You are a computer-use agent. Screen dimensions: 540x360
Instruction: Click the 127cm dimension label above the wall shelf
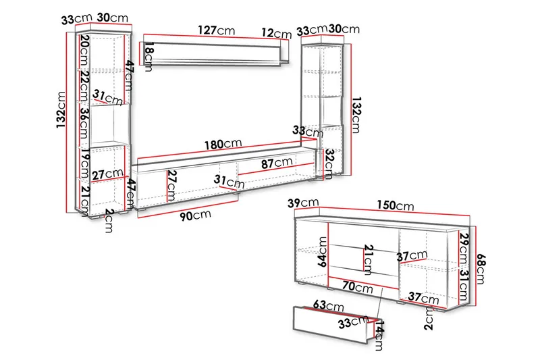click(216, 30)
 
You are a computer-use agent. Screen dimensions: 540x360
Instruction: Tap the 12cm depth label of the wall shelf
click(276, 33)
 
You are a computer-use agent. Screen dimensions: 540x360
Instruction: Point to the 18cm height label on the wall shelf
click(148, 57)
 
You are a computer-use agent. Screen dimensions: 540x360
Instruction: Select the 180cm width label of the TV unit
click(223, 144)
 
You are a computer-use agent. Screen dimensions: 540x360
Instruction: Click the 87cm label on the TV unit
click(277, 163)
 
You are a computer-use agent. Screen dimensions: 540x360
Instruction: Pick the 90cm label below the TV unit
click(195, 216)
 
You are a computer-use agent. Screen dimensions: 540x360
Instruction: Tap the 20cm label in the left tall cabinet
click(84, 53)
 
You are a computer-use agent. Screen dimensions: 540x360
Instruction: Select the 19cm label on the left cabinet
click(84, 165)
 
